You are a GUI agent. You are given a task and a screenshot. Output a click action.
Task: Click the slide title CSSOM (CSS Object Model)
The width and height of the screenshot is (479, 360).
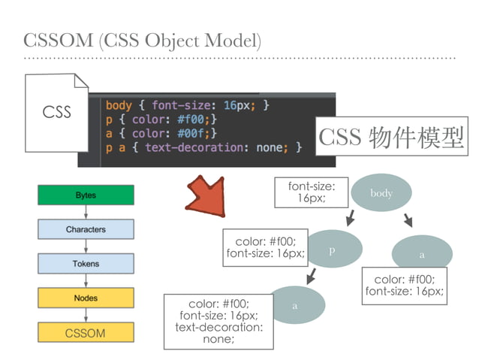coord(143,39)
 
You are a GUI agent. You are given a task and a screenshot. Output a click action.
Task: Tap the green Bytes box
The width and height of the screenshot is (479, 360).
coord(86,195)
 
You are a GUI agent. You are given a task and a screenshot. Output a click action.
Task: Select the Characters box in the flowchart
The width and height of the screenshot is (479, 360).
coord(86,229)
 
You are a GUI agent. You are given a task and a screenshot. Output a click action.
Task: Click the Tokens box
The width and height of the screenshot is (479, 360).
coord(86,264)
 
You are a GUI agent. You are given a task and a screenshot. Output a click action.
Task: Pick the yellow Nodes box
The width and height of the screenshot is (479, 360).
coord(86,298)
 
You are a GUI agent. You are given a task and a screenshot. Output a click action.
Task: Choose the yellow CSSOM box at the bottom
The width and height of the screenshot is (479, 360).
coord(86,332)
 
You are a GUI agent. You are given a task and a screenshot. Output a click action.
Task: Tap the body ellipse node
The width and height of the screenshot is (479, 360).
coord(381,193)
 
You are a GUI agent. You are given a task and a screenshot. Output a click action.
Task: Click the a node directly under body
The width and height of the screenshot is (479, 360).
coord(421,254)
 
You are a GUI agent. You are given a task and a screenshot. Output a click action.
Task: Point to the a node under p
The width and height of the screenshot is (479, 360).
coord(295,306)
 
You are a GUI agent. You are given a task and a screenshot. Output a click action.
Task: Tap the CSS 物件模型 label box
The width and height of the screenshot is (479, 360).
coord(391,137)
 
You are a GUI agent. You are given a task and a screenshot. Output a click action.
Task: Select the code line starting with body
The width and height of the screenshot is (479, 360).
coord(188,105)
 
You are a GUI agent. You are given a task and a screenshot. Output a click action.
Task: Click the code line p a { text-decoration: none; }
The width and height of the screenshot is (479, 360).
coord(203,148)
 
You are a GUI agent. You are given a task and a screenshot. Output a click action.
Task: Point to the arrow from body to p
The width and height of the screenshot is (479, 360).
coord(350,219)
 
